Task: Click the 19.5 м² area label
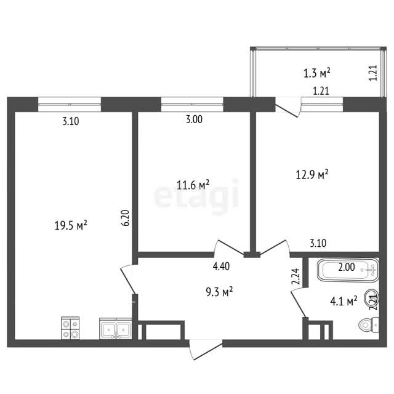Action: [x=71, y=225]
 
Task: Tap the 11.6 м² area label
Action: [x=193, y=185]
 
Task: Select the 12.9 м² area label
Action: [x=312, y=174]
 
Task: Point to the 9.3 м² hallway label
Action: [x=219, y=292]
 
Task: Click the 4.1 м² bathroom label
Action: [x=344, y=300]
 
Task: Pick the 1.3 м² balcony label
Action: [x=316, y=73]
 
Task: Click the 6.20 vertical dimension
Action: [x=126, y=218]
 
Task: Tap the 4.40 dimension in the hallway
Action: [x=221, y=267]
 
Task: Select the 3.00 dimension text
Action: [x=194, y=119]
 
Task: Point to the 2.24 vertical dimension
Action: [x=295, y=276]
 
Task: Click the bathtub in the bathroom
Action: [x=348, y=270]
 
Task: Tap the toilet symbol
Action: [x=369, y=325]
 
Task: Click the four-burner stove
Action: [x=70, y=328]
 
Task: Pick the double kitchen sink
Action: [x=116, y=328]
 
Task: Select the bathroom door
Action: [x=298, y=302]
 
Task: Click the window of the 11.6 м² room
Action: [x=192, y=104]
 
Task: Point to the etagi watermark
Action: [x=196, y=196]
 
